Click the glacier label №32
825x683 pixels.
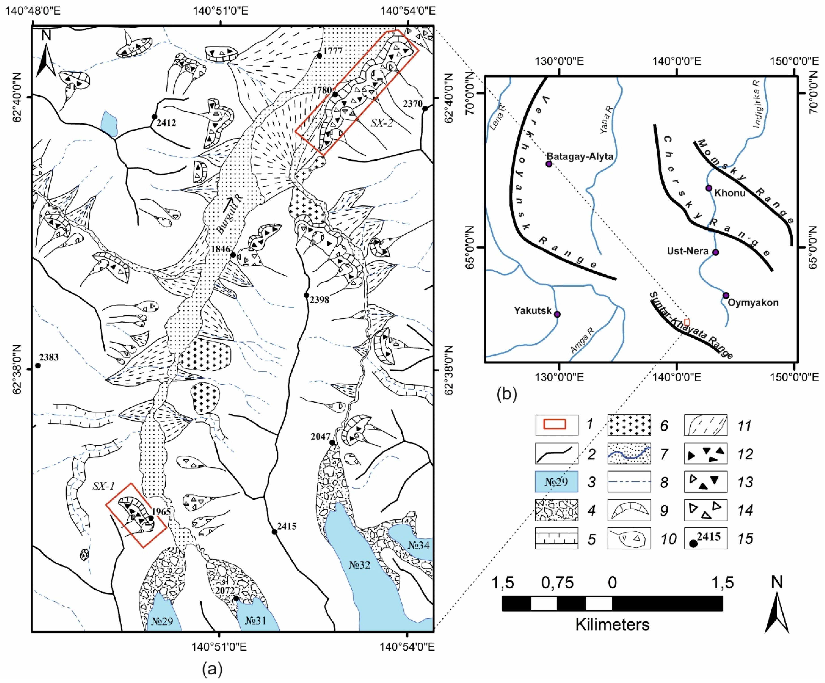359,565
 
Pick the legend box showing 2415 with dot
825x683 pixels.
706,538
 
